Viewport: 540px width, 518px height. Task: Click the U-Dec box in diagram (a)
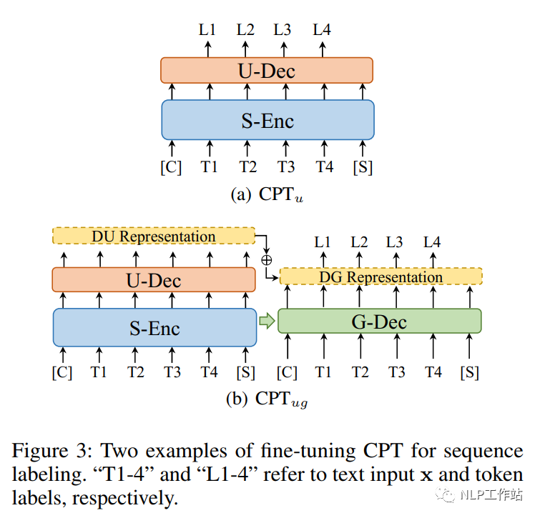coord(267,70)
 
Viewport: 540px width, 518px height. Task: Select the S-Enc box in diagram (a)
coord(267,120)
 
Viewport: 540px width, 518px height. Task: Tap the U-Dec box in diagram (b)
coord(154,279)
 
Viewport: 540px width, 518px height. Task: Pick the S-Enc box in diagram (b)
coord(154,328)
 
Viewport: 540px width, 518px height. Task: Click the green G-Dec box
coord(379,322)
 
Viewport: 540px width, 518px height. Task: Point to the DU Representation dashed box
coord(154,236)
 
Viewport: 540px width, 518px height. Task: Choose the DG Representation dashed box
coord(381,277)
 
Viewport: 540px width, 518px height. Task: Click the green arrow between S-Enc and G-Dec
coord(267,322)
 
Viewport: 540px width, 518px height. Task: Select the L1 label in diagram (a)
coord(208,31)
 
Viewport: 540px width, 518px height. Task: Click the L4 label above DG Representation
coord(432,242)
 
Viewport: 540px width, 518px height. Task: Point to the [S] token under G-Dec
coord(470,372)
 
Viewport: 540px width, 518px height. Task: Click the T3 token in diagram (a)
coord(286,167)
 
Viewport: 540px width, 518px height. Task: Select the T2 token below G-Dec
coord(360,372)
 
